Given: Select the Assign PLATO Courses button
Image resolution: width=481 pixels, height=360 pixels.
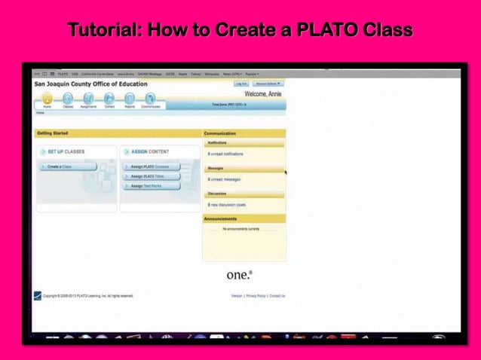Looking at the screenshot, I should tap(154, 166).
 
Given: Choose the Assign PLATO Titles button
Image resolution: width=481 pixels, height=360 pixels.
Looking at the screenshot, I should tap(151, 176).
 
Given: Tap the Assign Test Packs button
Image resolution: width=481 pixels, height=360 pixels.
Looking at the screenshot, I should tap(150, 186).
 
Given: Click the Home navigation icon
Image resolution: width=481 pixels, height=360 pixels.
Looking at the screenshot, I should tap(47, 99).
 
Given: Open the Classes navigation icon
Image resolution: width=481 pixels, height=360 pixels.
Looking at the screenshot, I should tap(68, 99).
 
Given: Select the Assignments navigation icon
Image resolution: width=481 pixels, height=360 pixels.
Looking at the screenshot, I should tap(88, 99).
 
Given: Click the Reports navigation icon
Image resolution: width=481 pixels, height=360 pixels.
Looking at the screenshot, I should tap(130, 99).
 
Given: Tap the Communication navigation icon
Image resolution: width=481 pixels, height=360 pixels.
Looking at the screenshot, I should tap(151, 99).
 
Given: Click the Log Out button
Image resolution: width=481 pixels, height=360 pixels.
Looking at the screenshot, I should tap(241, 84).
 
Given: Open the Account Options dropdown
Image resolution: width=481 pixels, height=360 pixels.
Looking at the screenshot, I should tap(268, 84).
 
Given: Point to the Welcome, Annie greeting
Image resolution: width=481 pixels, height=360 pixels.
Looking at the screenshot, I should tap(263, 94).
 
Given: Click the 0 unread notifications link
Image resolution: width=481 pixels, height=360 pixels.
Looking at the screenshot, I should tap(225, 154).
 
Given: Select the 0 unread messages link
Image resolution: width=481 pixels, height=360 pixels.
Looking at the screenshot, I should tap(224, 179).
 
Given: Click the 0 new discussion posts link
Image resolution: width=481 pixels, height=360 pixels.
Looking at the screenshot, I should tap(227, 205).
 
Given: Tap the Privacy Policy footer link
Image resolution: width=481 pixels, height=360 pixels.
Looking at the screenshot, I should tap(256, 296).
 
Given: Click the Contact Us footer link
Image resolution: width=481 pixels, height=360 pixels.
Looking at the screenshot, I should tap(277, 296).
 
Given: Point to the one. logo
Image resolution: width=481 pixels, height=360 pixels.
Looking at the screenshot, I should tap(240, 275).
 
